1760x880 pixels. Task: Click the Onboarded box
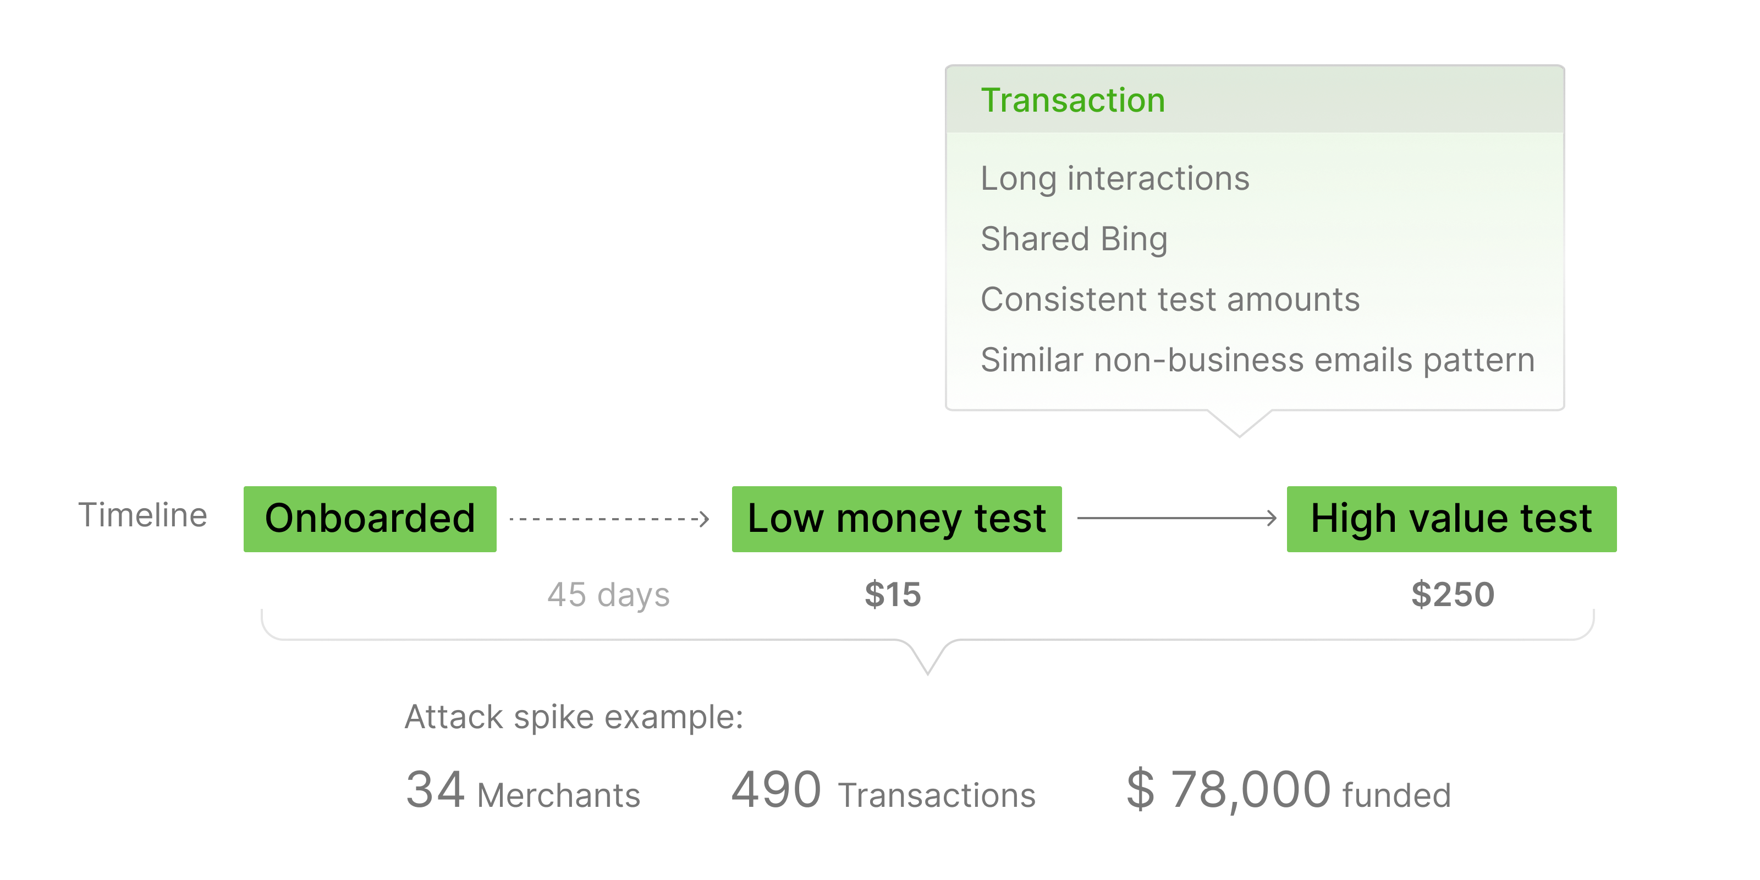tap(370, 519)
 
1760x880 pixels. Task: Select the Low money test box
tap(897, 519)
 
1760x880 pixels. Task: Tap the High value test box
tap(1451, 519)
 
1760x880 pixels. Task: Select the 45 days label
tap(608, 595)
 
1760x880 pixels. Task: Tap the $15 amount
tap(892, 595)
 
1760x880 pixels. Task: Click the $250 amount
tap(1453, 595)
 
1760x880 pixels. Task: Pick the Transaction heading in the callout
tap(1072, 101)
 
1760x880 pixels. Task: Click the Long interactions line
tap(1114, 179)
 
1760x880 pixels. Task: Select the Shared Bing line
tap(1074, 239)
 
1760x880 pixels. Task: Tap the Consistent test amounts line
tap(1170, 299)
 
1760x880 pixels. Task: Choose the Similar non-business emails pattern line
tap(1257, 360)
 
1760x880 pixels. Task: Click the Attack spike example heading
tap(574, 717)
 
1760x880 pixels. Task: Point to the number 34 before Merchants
tap(435, 790)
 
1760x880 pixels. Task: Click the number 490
tap(776, 790)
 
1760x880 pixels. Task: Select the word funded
tap(1396, 795)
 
